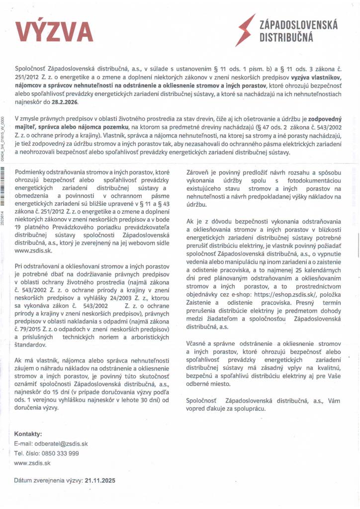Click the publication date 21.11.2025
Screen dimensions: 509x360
(100, 480)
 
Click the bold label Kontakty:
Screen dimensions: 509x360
(28, 433)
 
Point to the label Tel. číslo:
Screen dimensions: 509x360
(25, 453)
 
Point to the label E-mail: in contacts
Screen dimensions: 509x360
(23, 443)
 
